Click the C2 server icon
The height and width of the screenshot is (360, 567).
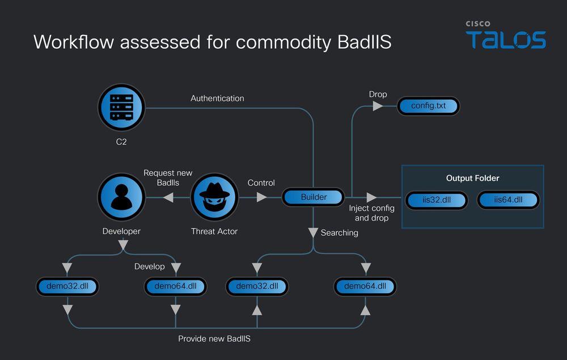(121, 107)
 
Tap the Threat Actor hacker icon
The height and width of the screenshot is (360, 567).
(214, 197)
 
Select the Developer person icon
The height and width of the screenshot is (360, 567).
(121, 197)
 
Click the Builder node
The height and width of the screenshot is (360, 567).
(313, 197)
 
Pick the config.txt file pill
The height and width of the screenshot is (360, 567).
(429, 106)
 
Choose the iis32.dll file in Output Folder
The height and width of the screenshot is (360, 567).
(437, 200)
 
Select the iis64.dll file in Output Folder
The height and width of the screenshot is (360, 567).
(508, 200)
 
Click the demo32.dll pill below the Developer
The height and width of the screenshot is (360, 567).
(67, 286)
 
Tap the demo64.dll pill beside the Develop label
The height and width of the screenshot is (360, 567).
(175, 286)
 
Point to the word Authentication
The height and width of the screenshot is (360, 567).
(217, 98)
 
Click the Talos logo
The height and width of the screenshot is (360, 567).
(506, 35)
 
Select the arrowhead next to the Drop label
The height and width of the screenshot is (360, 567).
(378, 106)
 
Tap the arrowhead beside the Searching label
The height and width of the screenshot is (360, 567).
(313, 232)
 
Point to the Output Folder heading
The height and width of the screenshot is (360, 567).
(473, 178)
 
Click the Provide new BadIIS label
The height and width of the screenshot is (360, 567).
(214, 338)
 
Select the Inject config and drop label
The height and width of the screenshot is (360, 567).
(372, 213)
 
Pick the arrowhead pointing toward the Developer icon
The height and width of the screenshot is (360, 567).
(168, 197)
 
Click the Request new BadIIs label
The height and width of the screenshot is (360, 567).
(168, 177)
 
